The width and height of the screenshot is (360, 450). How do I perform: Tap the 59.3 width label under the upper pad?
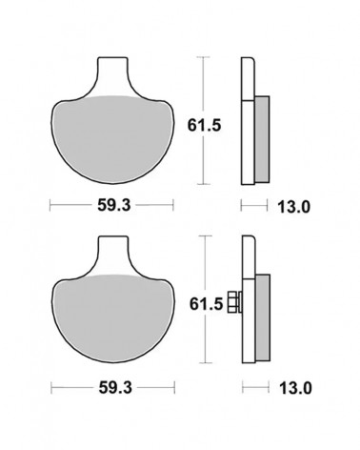[113, 205]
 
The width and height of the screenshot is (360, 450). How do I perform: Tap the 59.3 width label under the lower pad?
[115, 388]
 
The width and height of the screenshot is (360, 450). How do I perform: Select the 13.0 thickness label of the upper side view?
[293, 207]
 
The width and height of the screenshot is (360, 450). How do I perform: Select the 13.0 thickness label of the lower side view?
[295, 388]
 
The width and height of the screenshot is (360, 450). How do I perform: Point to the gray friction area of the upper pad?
[112, 139]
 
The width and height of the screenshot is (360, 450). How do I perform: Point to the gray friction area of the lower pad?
[113, 317]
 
